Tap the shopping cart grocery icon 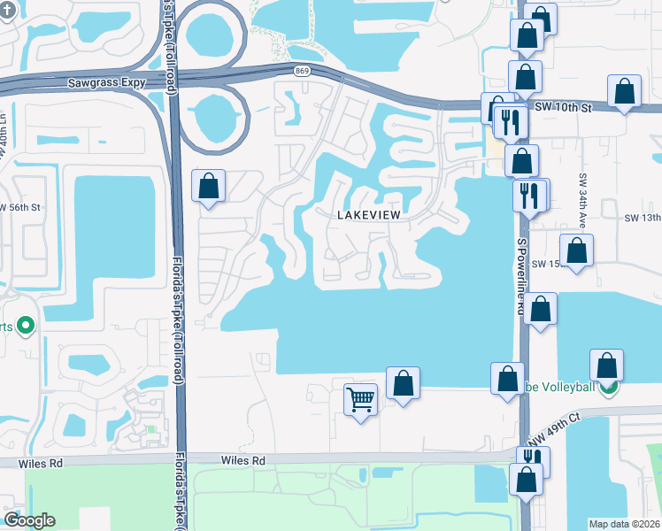coord(361,399)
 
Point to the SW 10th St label coord(561,107)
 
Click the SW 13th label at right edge coord(643,218)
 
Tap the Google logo coord(29,520)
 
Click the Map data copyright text coord(624,524)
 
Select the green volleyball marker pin coord(606,387)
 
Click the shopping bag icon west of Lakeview coord(209,186)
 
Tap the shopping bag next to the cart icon coord(403,384)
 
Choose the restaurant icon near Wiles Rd coord(532,460)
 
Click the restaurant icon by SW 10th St coord(510,122)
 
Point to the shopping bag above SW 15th coord(577,250)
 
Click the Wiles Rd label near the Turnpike coord(243,460)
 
